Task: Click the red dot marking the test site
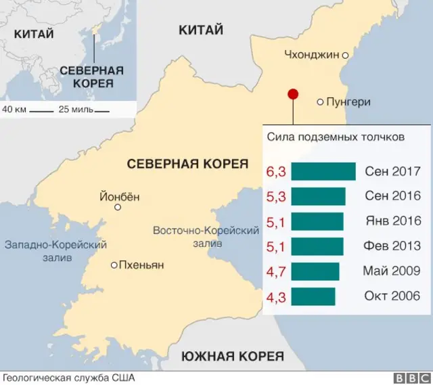[x=293, y=95]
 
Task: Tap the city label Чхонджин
[x=311, y=55]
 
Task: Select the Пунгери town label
[x=348, y=102]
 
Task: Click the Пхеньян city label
[x=141, y=265]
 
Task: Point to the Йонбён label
[x=119, y=198]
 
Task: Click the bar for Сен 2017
[x=323, y=172]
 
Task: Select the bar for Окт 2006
[x=313, y=296]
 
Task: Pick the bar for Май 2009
[x=315, y=271]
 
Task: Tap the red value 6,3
[x=276, y=172]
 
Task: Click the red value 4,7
[x=276, y=271]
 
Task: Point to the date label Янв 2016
[x=392, y=221]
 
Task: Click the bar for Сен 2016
[x=318, y=196]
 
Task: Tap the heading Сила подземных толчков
[x=336, y=137]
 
